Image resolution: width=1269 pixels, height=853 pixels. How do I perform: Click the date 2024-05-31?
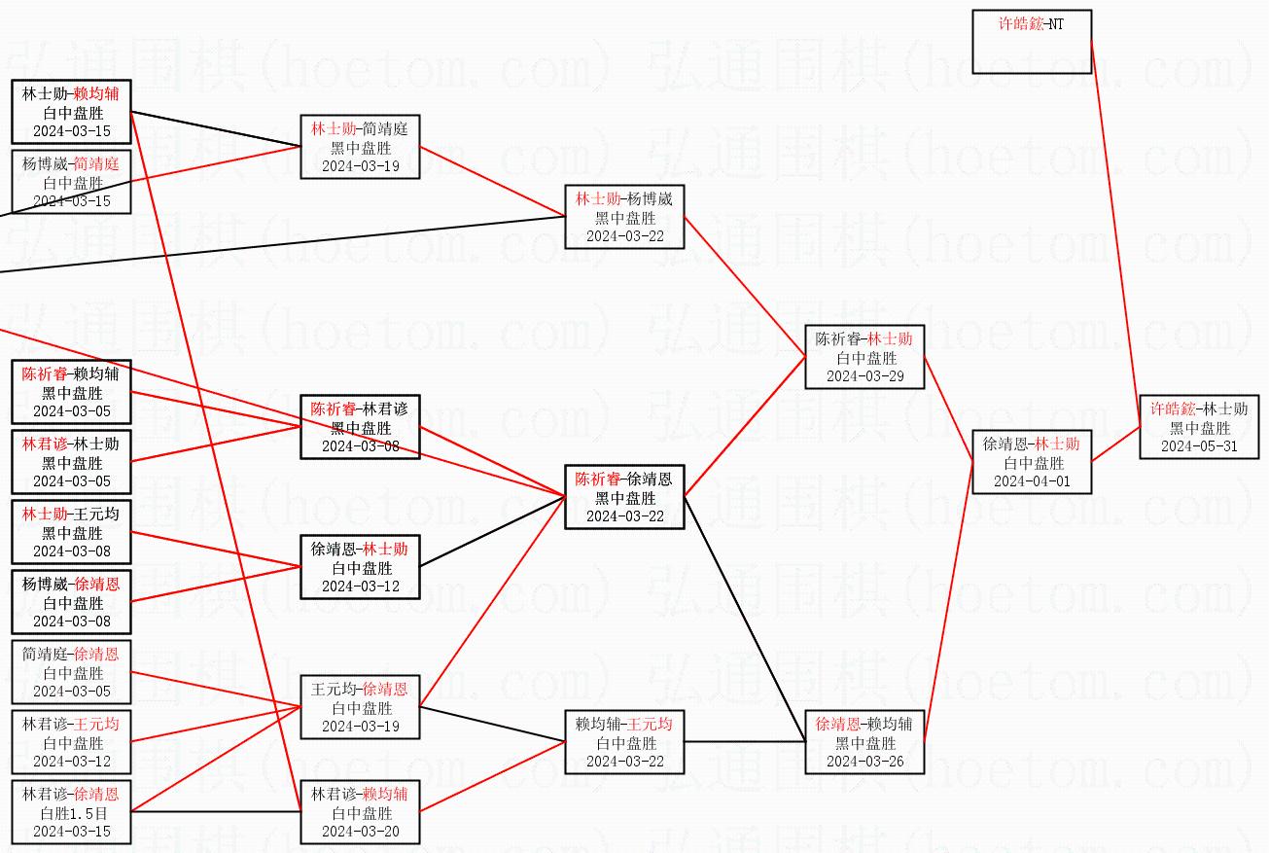tap(1199, 446)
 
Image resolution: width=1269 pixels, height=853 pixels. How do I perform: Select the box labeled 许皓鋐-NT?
tap(1032, 42)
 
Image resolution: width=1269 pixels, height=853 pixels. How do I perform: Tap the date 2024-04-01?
tap(1032, 481)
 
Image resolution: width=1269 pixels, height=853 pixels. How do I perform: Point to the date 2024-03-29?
tap(864, 376)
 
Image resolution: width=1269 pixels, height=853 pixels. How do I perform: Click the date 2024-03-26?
tap(864, 762)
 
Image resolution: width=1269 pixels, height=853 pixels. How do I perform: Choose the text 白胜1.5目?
tap(72, 813)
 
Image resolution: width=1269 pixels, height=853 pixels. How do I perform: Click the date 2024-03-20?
tap(360, 832)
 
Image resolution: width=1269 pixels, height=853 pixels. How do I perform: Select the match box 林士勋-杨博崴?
tap(624, 217)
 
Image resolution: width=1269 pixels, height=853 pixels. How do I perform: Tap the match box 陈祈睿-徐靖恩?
tap(624, 497)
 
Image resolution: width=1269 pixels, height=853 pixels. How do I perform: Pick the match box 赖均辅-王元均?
tap(624, 742)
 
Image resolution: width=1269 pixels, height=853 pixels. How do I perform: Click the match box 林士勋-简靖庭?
tap(360, 147)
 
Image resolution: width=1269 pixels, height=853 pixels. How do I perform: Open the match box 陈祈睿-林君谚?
tap(360, 427)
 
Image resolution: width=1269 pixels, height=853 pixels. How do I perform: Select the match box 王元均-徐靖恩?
tap(360, 707)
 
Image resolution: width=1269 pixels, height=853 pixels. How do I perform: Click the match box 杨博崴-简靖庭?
tap(72, 182)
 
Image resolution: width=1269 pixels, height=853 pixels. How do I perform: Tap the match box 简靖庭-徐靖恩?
tap(72, 672)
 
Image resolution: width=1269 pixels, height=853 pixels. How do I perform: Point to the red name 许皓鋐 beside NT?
tap(1019, 23)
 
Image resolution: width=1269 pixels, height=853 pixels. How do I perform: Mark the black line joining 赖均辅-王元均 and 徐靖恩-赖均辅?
tap(744, 742)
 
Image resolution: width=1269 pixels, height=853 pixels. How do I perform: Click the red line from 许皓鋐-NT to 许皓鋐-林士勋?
tap(1116, 233)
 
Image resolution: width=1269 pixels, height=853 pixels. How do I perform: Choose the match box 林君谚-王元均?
tap(72, 742)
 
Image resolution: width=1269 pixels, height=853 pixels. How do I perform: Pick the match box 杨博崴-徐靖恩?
tap(72, 602)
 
